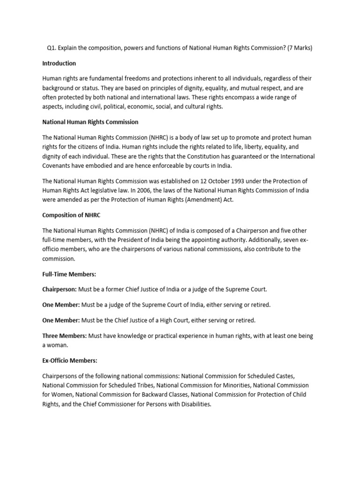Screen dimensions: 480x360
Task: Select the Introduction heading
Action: pos(59,63)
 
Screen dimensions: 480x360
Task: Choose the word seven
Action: pos(286,240)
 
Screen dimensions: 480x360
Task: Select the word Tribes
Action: pos(136,385)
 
